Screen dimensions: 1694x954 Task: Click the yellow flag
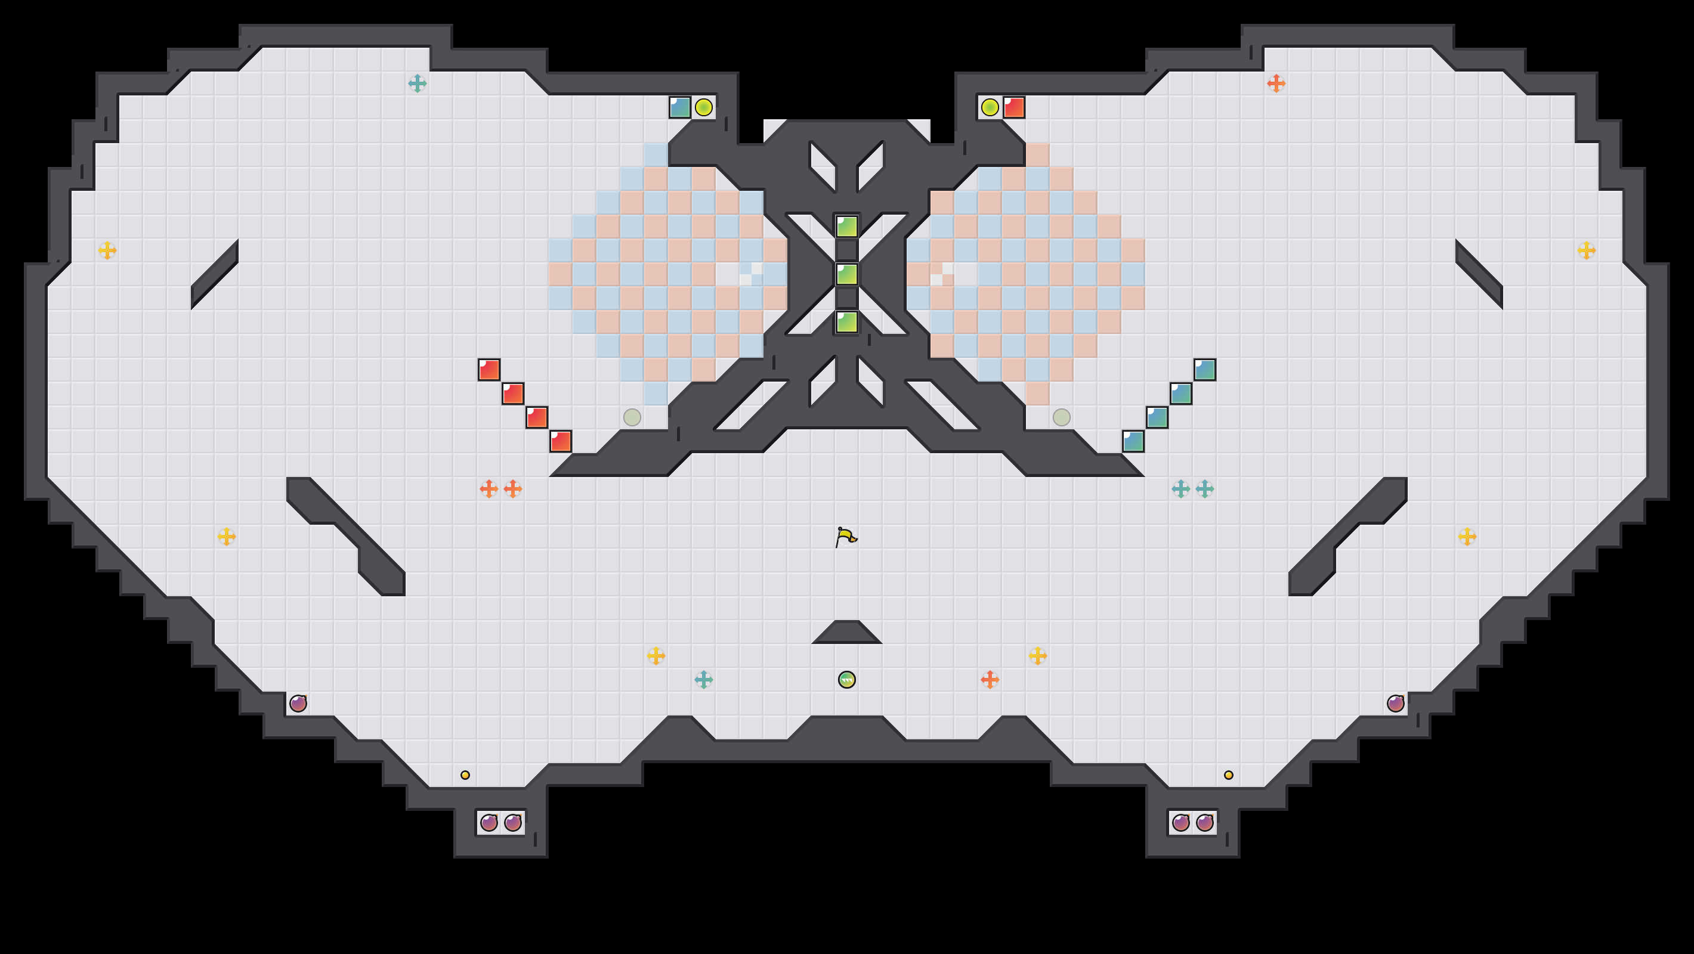(846, 537)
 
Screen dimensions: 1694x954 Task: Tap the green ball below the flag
(846, 679)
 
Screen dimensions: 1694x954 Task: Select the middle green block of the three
(846, 274)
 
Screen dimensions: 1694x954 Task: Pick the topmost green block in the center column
(846, 226)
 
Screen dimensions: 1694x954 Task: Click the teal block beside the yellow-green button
(679, 107)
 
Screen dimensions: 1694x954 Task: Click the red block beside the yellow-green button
(1013, 107)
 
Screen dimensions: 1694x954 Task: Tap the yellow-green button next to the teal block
(704, 107)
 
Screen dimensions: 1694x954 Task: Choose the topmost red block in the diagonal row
(489, 370)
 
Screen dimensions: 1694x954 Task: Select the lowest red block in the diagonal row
(560, 441)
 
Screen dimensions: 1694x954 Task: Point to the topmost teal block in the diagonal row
(1204, 370)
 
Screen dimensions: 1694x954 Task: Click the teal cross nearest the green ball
(704, 679)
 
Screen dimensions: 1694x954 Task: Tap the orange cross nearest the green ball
(990, 679)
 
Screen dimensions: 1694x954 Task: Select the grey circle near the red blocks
(632, 417)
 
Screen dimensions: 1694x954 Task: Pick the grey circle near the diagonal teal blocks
(1061, 417)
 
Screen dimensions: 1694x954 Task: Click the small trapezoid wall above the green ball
(846, 633)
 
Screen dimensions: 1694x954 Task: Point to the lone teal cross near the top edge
(417, 83)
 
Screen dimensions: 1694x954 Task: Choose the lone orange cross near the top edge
(1276, 83)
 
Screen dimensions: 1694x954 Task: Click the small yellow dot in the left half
(465, 775)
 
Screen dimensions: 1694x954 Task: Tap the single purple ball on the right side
(1395, 704)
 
